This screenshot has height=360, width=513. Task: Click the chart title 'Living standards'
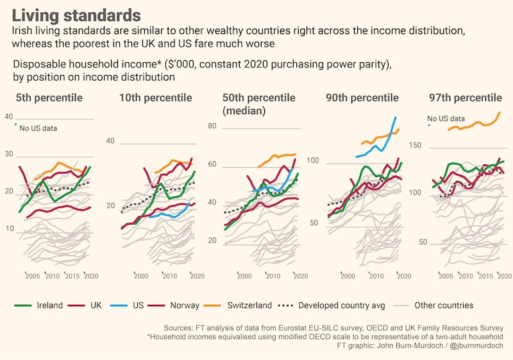(x=77, y=15)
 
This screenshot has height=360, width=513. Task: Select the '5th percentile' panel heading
(x=49, y=98)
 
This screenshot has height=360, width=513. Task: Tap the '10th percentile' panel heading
(x=155, y=98)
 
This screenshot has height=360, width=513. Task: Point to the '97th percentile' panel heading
(x=465, y=98)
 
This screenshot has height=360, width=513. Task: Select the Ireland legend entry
(x=39, y=305)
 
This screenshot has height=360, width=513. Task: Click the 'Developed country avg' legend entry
(x=333, y=305)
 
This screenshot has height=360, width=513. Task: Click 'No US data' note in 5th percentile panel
(x=38, y=128)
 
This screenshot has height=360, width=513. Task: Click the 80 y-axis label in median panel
(x=211, y=126)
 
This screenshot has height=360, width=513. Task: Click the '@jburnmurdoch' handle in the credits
(x=477, y=347)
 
